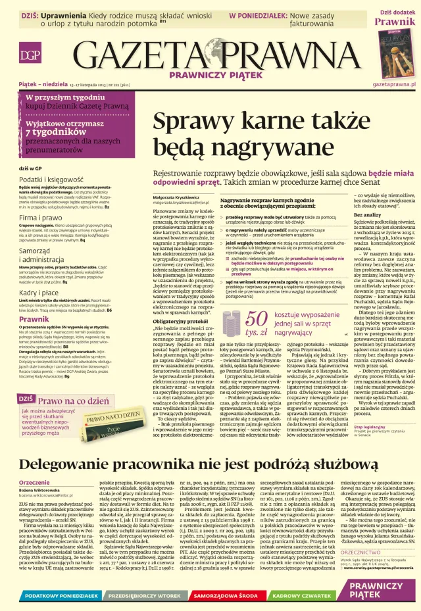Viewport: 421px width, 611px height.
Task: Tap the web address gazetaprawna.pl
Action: (394, 85)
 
